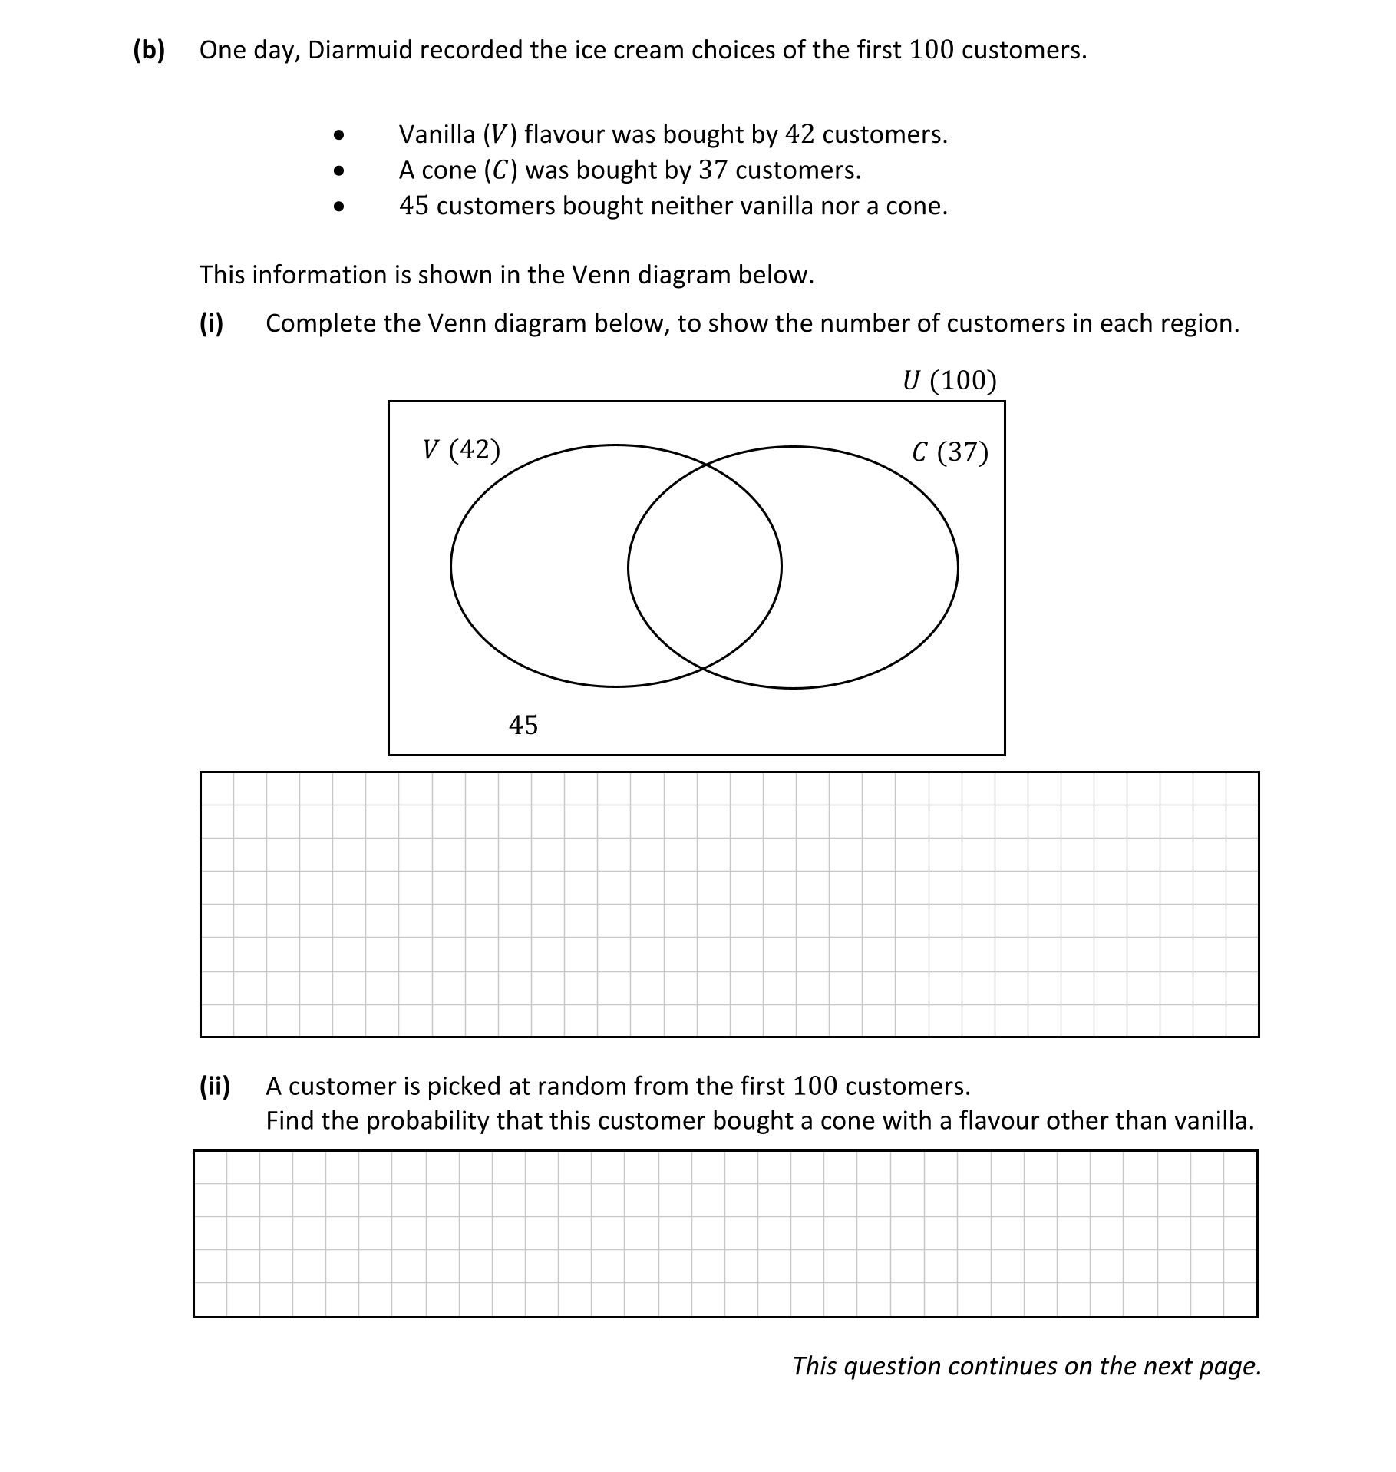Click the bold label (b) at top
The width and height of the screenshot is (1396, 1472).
click(x=149, y=51)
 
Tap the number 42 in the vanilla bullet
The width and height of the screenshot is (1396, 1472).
click(x=799, y=134)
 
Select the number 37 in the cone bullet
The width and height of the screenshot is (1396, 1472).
click(x=712, y=170)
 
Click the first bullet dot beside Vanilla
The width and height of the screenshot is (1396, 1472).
click(x=338, y=136)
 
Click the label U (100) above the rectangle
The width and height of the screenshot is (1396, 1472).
click(x=949, y=380)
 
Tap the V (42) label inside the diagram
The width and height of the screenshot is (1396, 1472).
click(x=461, y=449)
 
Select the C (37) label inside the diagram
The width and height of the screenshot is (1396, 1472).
click(x=949, y=452)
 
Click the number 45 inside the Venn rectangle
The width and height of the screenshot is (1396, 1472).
click(x=523, y=725)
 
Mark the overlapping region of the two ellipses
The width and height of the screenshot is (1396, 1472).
click(x=705, y=567)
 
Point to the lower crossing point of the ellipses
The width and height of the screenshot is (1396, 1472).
click(x=703, y=669)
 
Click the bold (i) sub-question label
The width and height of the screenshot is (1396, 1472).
click(x=211, y=323)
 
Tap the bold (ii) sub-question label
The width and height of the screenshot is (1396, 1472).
click(x=215, y=1086)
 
